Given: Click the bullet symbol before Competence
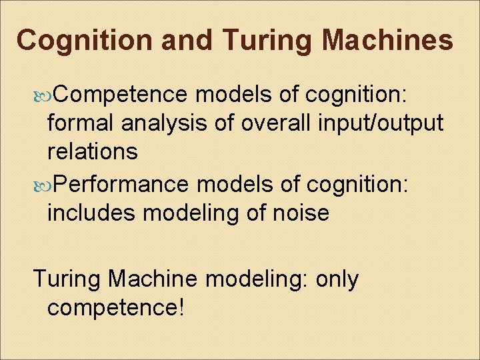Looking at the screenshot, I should (43, 96).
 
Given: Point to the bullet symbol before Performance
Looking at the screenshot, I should (43, 185).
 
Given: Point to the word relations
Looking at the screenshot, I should (93, 151).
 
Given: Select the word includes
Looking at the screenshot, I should (92, 213).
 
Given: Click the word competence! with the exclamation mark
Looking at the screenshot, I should (115, 308).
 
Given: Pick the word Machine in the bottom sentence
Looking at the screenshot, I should (156, 279).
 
